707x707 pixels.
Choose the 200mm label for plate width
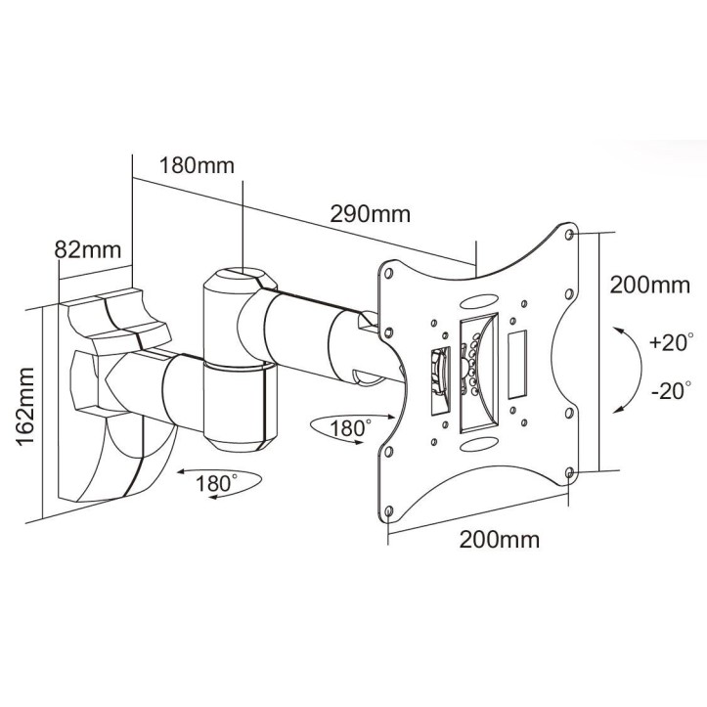tap(498, 539)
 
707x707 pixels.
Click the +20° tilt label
tap(670, 343)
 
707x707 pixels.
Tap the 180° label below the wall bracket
tap(215, 482)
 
